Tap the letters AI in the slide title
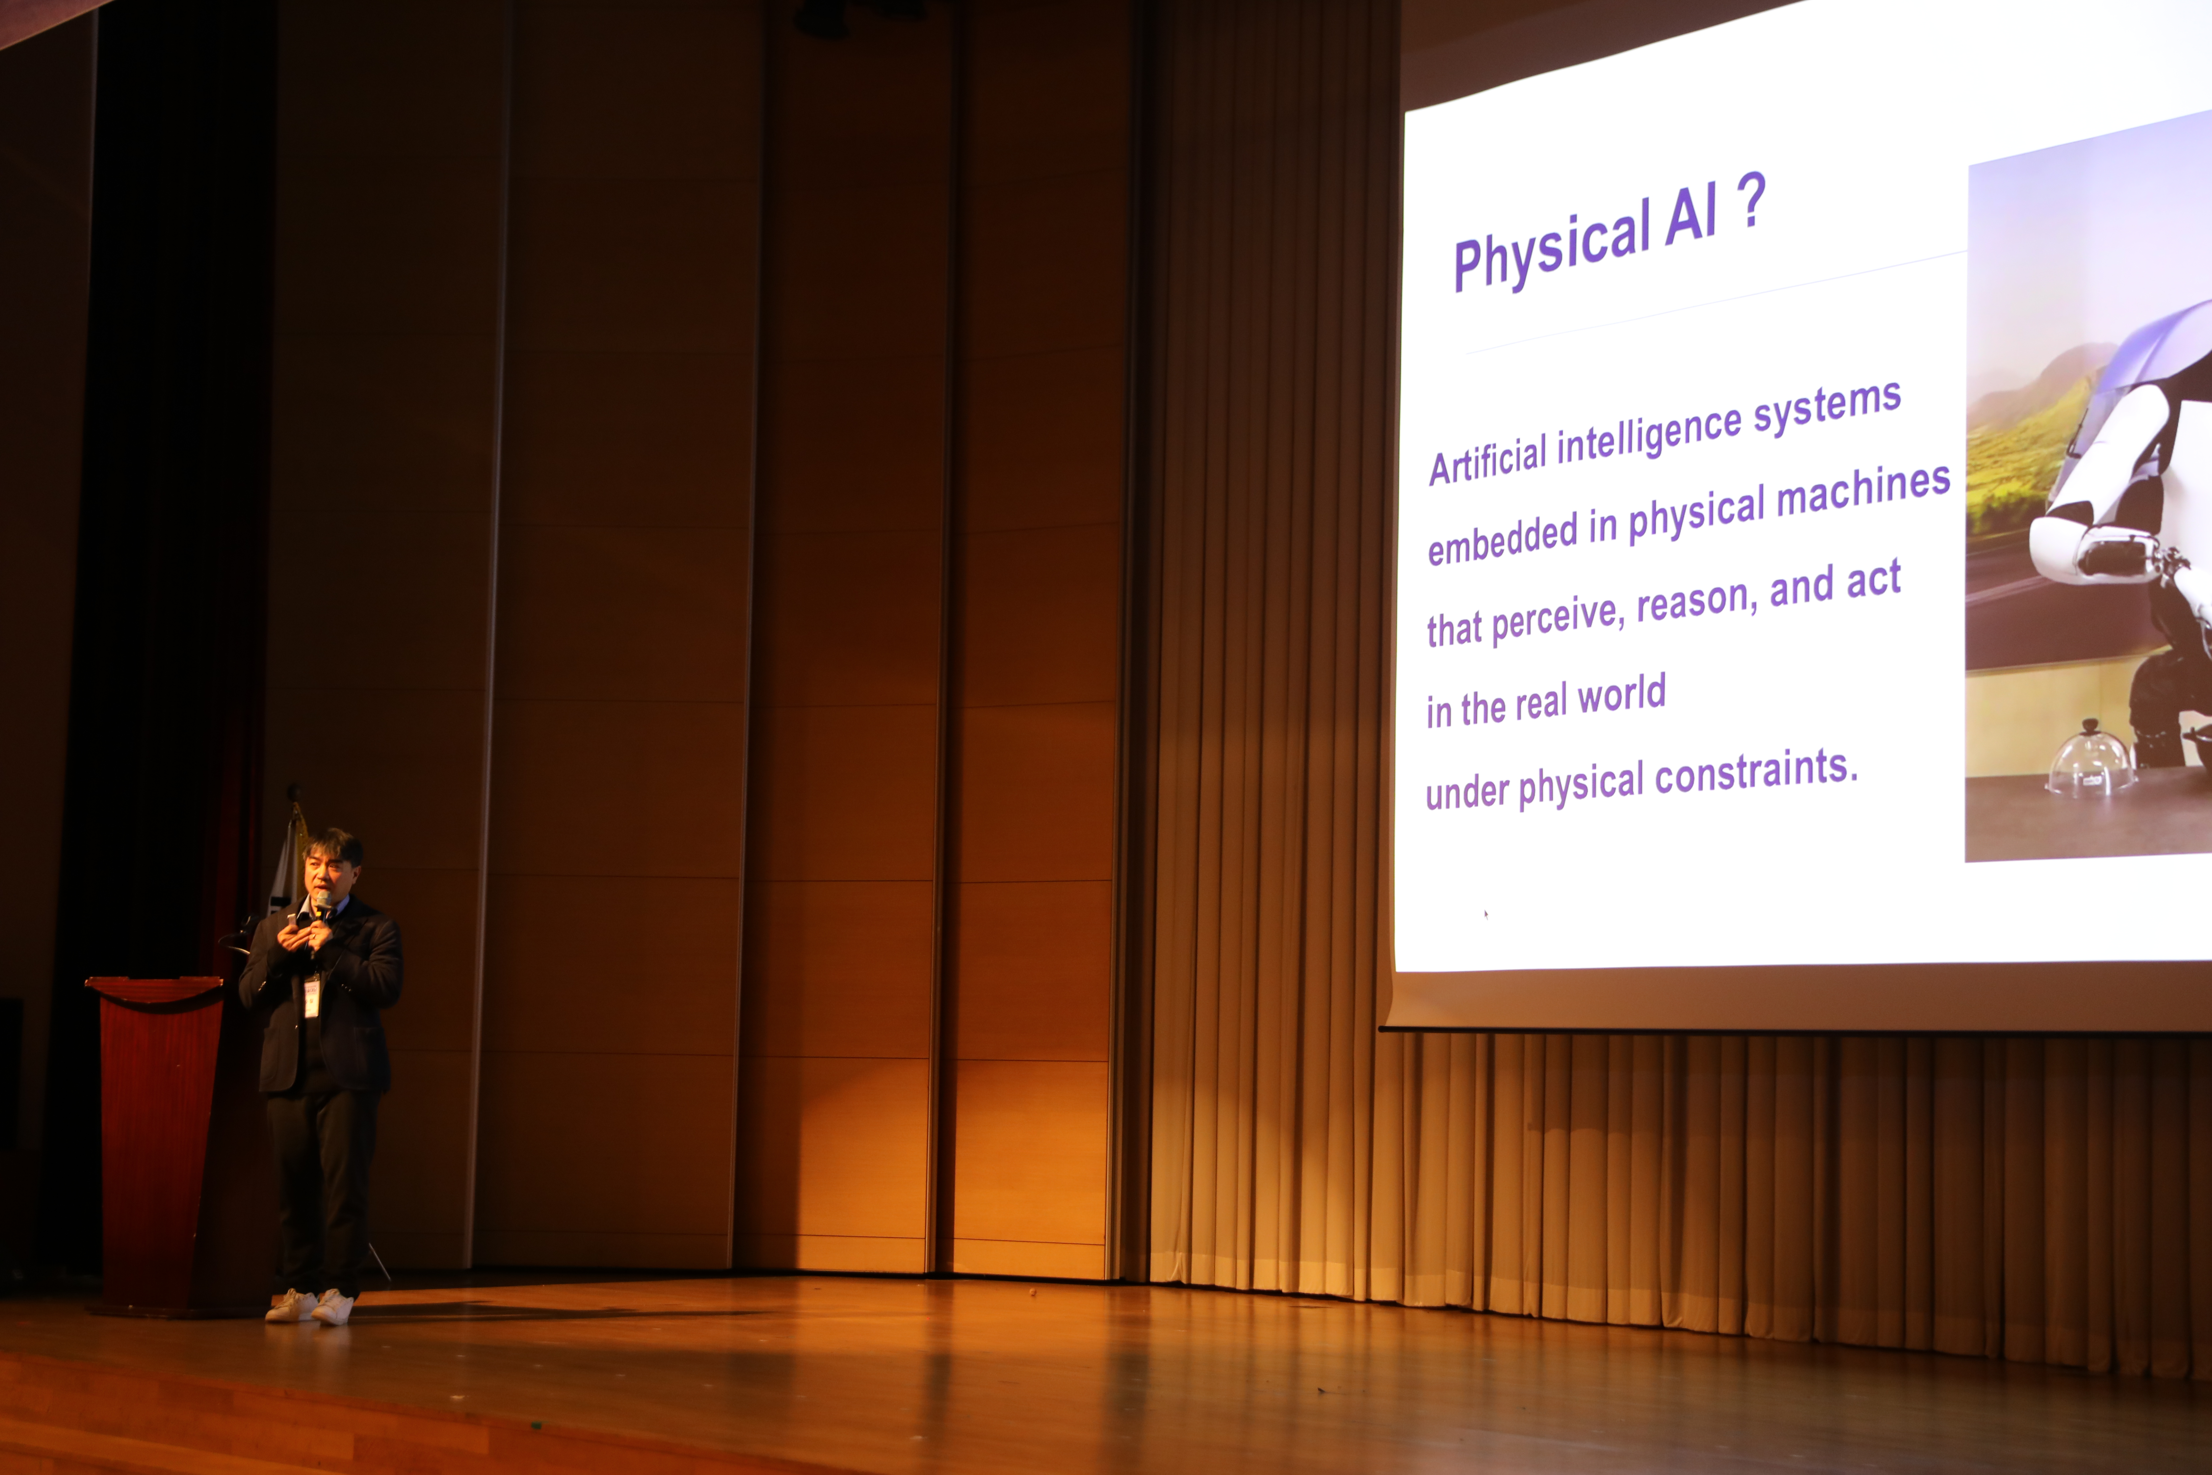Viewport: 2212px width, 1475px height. click(1691, 216)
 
